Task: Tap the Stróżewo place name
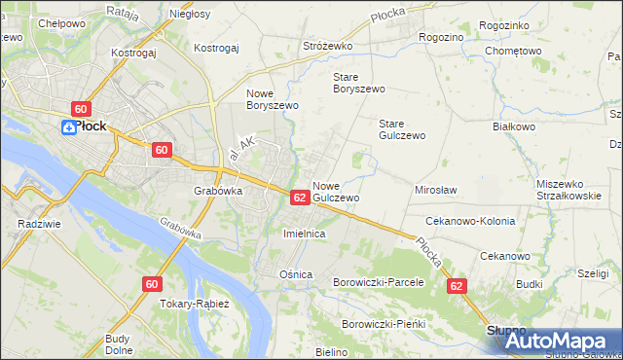(327, 46)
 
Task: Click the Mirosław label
(436, 190)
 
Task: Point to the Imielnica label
(303, 234)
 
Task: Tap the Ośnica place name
(296, 274)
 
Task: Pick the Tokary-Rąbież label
(195, 304)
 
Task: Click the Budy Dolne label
(118, 344)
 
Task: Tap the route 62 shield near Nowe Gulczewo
(300, 198)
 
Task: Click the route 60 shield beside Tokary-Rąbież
(151, 284)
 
